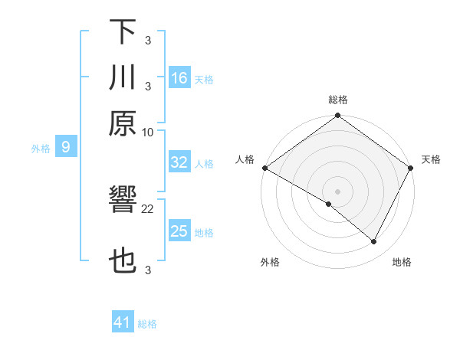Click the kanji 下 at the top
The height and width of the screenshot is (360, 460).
123,31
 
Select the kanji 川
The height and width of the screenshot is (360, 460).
123,77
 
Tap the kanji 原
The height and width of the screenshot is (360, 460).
123,123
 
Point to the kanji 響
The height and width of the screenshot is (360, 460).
123,202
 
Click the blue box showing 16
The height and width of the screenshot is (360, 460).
179,78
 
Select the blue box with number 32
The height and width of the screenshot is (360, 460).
179,162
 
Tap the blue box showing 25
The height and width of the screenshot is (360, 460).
179,231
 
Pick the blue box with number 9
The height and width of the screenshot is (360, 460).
66,147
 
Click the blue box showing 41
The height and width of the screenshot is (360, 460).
123,322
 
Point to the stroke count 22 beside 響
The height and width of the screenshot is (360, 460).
148,208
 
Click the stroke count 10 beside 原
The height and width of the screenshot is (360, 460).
148,132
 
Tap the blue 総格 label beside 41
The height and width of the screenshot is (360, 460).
147,324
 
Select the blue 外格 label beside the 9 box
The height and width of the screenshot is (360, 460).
41,149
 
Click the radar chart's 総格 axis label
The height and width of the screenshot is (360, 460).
338,100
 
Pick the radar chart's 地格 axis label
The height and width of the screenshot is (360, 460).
402,262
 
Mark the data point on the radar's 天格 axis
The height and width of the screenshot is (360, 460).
411,168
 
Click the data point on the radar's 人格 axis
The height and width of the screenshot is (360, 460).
264,168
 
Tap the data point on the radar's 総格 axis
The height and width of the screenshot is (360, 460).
337,116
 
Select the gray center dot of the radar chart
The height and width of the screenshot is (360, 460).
337,191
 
